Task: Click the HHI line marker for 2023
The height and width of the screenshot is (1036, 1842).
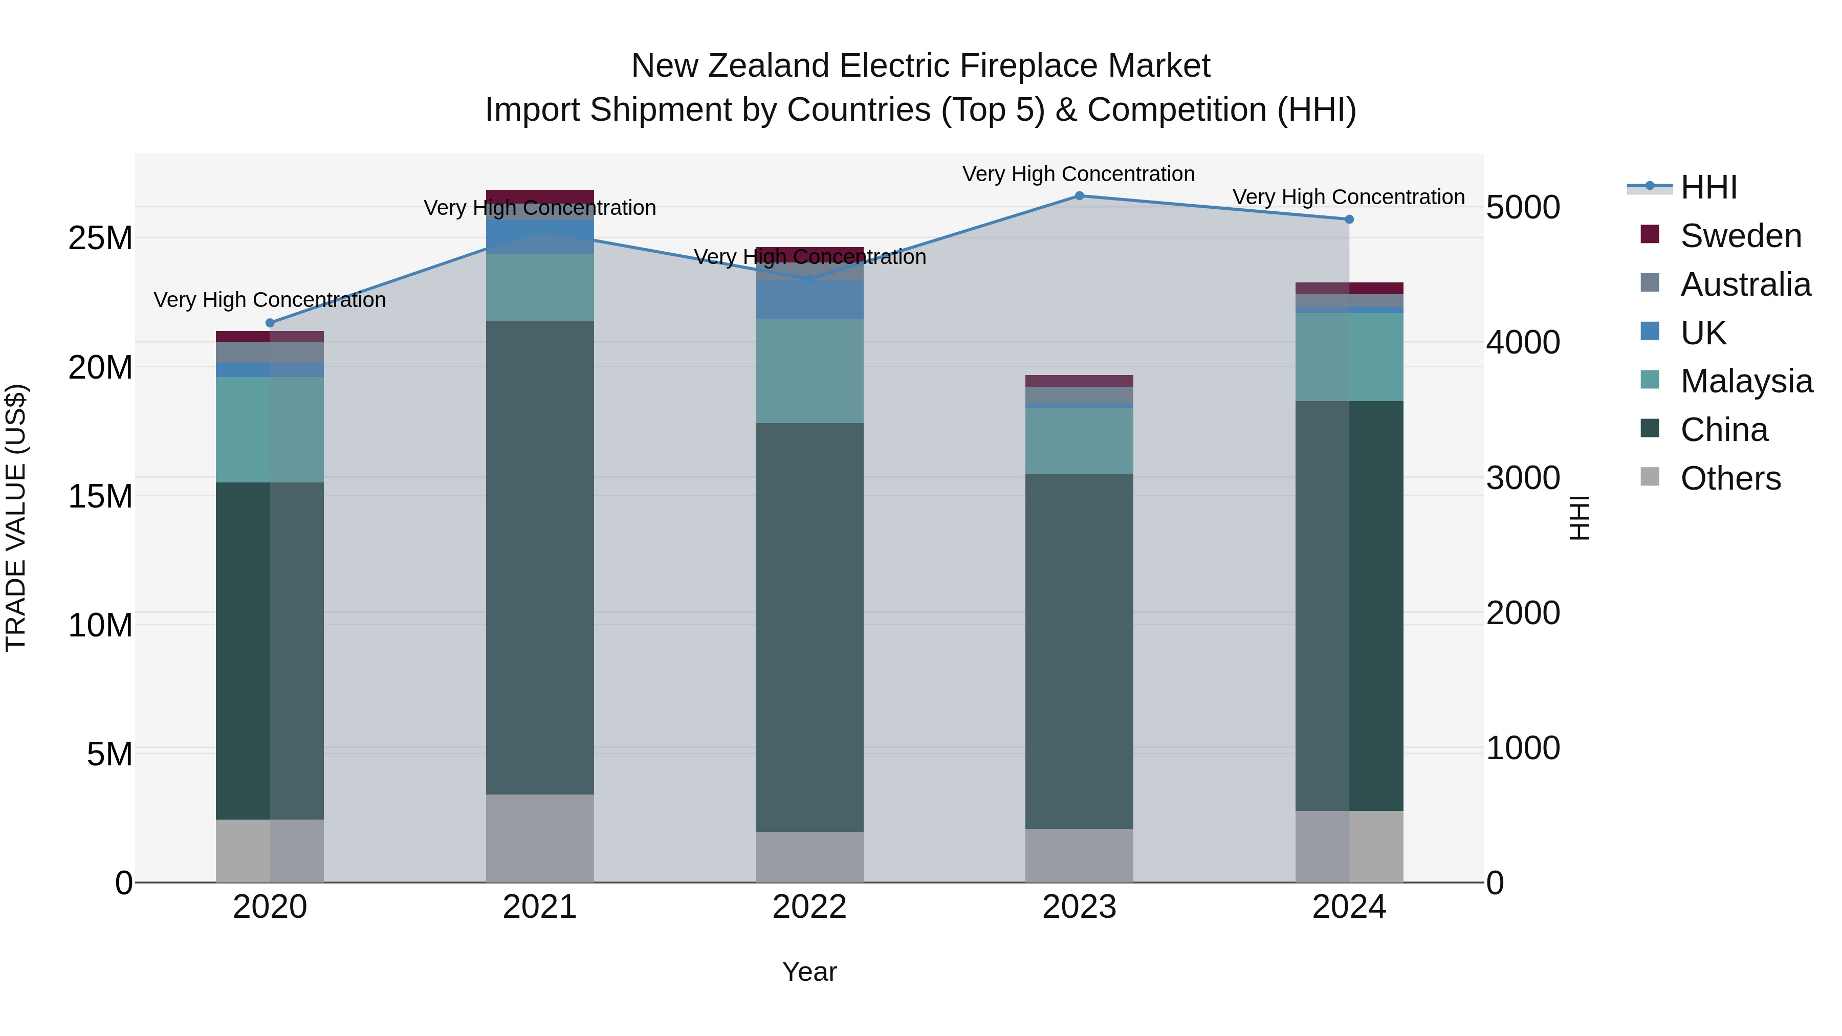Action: [1079, 196]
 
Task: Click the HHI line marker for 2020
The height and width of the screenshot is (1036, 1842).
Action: [270, 323]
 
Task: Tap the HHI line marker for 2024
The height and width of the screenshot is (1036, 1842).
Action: [1349, 219]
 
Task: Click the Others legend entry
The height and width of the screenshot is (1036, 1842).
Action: [1730, 478]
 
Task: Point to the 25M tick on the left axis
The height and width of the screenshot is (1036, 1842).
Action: [100, 238]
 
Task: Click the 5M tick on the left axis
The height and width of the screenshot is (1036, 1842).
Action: [109, 754]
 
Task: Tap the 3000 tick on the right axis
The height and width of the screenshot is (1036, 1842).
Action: [1522, 478]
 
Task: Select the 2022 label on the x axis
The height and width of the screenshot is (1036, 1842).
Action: [809, 907]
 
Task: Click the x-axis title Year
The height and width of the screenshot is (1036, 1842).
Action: [809, 972]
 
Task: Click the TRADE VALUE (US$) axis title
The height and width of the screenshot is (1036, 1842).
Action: [16, 518]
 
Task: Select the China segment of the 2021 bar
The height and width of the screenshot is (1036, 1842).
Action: [540, 558]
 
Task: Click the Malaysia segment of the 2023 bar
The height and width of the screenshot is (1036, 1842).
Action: [1079, 441]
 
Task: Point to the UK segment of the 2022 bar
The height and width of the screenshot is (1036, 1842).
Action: [809, 300]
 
